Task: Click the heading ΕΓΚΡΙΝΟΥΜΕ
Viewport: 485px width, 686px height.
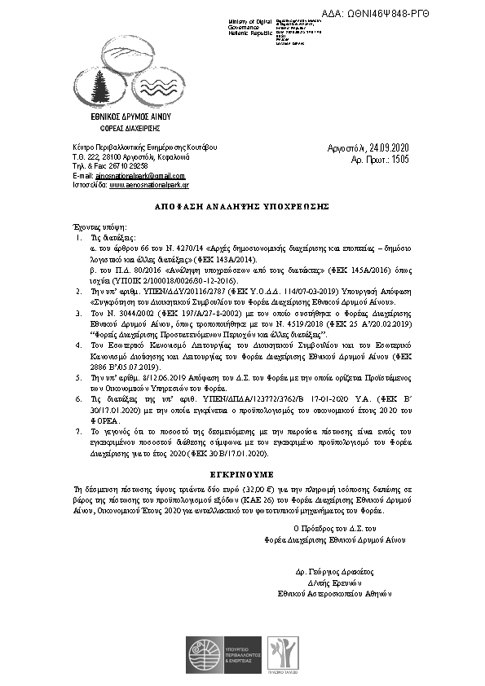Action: (x=243, y=473)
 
